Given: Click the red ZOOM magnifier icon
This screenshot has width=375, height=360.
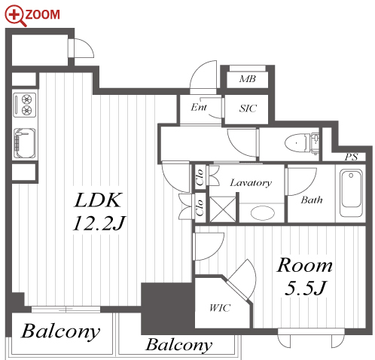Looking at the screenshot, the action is tap(15, 16).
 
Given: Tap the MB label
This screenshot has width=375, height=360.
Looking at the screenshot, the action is tap(248, 79).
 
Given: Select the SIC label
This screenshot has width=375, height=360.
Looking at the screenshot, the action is tap(248, 108).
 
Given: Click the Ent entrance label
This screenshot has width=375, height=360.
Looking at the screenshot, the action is tap(199, 107).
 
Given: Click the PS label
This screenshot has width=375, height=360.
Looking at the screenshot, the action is tap(351, 157).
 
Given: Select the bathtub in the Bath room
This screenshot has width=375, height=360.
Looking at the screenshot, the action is tap(351, 193).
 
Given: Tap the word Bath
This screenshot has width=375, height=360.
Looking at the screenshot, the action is tap(312, 200).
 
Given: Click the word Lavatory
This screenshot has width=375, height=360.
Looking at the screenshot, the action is tap(251, 183).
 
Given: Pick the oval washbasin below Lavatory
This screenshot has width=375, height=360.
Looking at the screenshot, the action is tap(263, 213).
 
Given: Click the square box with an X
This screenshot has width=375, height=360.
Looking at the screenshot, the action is tap(223, 209).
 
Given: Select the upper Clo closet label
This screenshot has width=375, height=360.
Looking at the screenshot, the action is tap(200, 177).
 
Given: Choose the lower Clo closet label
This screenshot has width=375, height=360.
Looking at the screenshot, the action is tap(200, 207).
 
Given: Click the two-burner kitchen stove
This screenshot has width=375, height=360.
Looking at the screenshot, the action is tap(25, 105).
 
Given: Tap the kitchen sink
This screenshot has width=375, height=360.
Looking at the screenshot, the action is tap(24, 143).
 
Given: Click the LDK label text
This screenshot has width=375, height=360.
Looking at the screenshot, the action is tap(98, 200).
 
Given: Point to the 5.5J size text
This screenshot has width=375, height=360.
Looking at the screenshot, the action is tap(305, 288).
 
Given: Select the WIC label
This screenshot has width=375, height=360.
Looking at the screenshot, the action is tap(220, 308).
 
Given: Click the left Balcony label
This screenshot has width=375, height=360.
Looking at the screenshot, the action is tap(60, 331).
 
